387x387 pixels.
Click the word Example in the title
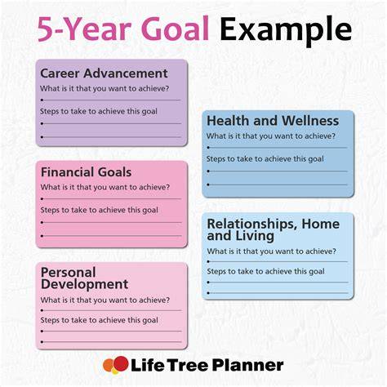pos(286,30)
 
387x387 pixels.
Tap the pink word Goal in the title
pos(175,29)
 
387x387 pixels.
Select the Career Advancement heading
pos(104,73)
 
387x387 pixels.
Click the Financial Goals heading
pos(86,172)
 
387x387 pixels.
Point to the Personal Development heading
pos(84,278)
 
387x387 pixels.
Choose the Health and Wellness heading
pos(273,121)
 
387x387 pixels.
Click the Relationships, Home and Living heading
pos(274,230)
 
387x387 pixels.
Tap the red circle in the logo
pos(121,364)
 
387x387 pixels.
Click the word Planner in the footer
pos(247,366)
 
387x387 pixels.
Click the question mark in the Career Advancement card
pos(167,88)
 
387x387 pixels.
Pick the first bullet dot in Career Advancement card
pos(42,100)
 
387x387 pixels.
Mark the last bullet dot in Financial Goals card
pos(42,236)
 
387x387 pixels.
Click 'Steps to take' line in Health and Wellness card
pos(265,159)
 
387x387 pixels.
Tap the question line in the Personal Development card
pos(105,300)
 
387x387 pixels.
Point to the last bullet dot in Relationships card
pos(208,293)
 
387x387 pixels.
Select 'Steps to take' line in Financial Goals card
pos(99,210)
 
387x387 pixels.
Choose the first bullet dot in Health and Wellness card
pos(208,148)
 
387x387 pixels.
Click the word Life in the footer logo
pos(148,365)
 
